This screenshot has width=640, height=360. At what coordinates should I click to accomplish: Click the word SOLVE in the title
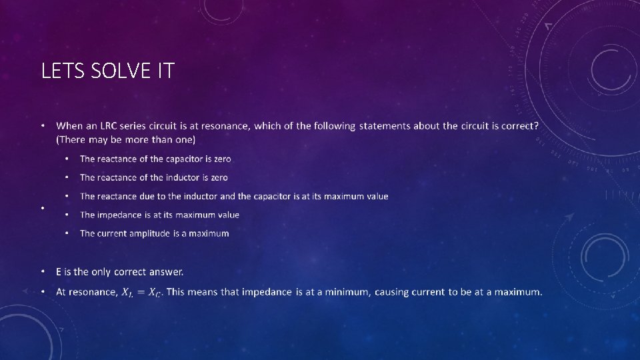(x=117, y=70)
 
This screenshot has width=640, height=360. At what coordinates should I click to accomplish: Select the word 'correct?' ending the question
(x=517, y=127)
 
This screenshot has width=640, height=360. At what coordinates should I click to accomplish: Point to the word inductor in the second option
(x=173, y=177)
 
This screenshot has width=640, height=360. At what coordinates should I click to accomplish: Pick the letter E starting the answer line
(x=59, y=272)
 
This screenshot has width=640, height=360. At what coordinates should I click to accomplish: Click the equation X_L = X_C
(x=141, y=293)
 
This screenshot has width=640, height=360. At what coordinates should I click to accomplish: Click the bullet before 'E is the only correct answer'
(x=43, y=272)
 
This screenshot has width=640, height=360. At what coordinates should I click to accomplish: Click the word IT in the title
(x=165, y=70)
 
